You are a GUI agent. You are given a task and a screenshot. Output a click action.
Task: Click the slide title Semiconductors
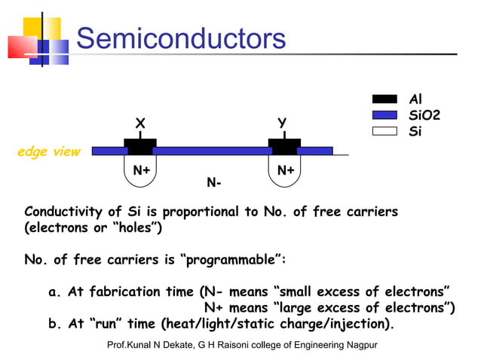181,38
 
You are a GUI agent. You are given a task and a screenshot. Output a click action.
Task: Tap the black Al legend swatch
384,99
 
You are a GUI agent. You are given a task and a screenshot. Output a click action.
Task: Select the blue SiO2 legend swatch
384,115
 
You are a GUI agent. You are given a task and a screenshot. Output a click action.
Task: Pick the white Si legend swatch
384,131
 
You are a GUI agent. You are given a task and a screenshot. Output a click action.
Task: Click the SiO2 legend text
424,115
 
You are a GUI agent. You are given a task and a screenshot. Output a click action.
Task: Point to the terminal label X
140,123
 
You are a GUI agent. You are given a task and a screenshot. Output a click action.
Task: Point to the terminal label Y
282,123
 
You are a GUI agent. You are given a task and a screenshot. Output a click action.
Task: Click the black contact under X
140,146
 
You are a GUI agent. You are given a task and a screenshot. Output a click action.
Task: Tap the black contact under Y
284,146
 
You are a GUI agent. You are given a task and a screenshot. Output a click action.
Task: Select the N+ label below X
141,170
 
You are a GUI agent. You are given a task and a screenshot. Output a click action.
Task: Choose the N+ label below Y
286,170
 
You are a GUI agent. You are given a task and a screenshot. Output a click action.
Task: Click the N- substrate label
214,183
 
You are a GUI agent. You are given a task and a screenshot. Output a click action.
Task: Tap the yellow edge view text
48,152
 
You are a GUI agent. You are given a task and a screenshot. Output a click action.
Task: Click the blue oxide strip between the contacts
211,151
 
